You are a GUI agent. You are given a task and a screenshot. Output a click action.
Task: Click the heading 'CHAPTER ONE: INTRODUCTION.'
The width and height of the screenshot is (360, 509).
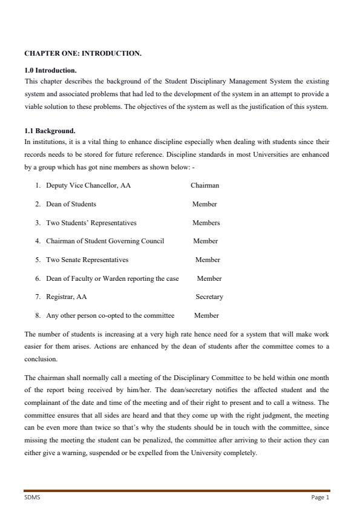pyautogui.click(x=82, y=53)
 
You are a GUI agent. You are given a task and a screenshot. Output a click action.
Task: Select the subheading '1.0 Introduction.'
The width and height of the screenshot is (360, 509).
pyautogui.click(x=50, y=70)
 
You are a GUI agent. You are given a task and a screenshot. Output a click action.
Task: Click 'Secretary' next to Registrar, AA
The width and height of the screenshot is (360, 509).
pyautogui.click(x=209, y=297)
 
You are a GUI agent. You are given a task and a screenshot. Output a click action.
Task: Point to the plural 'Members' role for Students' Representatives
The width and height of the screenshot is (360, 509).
pyautogui.click(x=206, y=223)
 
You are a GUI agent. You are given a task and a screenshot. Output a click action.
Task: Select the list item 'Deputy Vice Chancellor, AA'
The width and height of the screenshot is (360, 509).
pyautogui.click(x=88, y=185)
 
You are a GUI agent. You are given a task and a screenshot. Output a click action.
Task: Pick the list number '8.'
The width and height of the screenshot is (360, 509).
pyautogui.click(x=38, y=315)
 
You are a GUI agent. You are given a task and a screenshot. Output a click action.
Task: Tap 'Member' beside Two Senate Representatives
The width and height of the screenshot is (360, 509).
pyautogui.click(x=208, y=260)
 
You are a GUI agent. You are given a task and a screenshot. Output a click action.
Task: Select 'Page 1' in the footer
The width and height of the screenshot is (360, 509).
pyautogui.click(x=320, y=498)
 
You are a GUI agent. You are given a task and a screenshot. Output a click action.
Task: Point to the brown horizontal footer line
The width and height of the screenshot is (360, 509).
pyautogui.click(x=177, y=490)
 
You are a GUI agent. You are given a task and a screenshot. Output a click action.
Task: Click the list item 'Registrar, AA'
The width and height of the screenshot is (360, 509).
pyautogui.click(x=66, y=297)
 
